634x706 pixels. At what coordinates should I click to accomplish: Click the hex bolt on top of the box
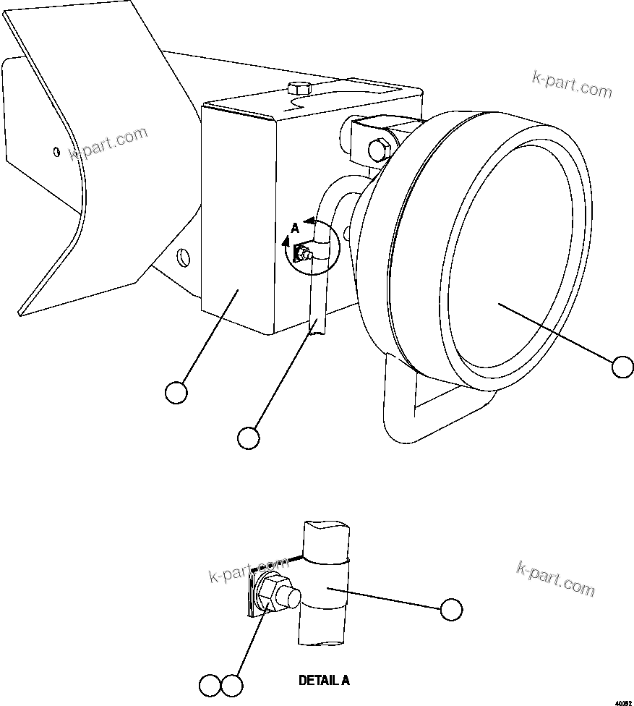coord(297,90)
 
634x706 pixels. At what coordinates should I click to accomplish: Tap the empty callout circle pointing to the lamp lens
coord(622,367)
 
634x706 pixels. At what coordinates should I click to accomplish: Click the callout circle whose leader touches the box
coord(176,393)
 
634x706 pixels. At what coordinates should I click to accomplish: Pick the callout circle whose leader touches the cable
coord(248,438)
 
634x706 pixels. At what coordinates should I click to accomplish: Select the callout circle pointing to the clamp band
coord(451,610)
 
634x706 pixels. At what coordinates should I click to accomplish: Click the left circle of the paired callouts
coord(210,684)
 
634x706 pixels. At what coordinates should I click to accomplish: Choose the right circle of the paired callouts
coord(232,684)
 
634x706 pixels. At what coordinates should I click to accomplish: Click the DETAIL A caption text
coord(324,681)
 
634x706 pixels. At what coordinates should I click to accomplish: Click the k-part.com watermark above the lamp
coord(571,85)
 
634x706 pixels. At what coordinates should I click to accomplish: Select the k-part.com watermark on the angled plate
coord(108,143)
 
